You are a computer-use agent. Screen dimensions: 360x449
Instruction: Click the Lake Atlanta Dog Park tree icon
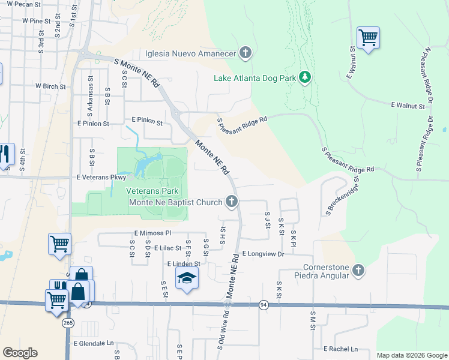305,77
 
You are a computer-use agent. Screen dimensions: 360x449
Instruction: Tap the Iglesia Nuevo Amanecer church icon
245,53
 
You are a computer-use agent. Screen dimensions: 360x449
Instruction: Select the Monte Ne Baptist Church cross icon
232,202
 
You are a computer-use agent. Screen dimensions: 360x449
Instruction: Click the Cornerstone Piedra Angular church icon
358,271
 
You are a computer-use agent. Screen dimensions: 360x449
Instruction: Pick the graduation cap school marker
187,278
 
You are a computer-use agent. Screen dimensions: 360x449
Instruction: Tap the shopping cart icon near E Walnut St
367,38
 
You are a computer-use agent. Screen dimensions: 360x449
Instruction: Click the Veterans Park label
152,191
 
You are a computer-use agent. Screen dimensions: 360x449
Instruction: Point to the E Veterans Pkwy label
101,178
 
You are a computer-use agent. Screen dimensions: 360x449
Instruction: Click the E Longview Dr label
263,254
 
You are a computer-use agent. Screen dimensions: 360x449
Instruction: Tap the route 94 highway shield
264,305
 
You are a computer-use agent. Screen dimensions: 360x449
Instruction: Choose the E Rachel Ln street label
340,349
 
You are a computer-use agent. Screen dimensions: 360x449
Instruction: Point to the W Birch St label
50,86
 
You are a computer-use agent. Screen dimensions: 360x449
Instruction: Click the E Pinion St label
93,124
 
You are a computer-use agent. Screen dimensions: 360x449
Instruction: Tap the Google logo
20,353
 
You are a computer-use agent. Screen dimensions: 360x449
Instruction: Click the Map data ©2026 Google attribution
412,355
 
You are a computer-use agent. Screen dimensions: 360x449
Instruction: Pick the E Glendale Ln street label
93,344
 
